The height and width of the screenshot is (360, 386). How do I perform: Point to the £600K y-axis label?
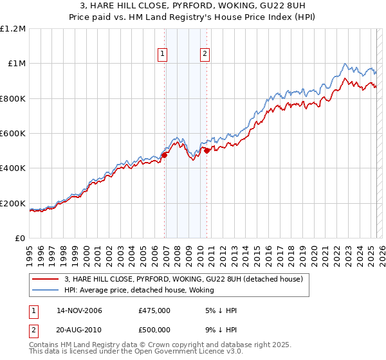point(13,134)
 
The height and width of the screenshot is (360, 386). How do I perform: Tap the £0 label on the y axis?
point(21,239)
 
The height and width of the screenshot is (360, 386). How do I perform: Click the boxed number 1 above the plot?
point(162,55)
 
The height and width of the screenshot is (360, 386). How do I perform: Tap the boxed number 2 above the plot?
point(205,55)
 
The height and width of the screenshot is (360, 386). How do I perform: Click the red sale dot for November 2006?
point(165,155)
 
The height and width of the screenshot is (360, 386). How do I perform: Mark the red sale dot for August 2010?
point(207,150)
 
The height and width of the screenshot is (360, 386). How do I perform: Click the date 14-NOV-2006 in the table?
point(80,310)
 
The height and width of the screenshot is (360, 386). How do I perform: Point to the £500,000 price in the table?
point(154,330)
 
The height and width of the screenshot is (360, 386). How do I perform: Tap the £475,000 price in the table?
point(154,310)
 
